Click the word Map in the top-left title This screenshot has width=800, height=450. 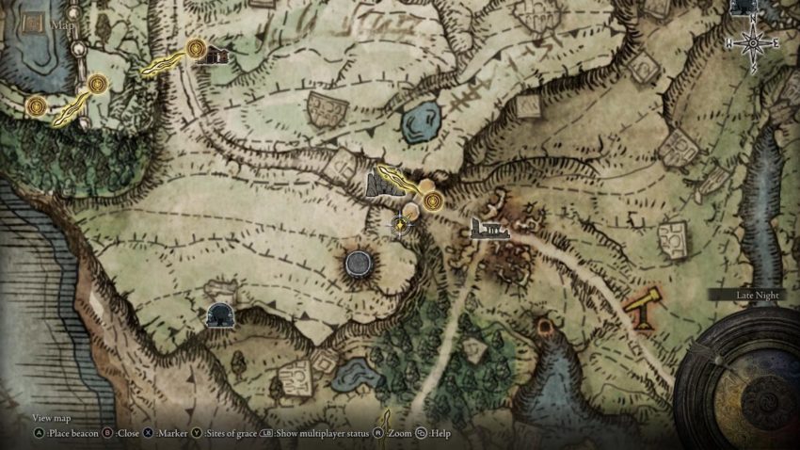[65, 25]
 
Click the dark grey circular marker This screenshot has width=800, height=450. [360, 264]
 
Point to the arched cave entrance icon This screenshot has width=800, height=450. [220, 314]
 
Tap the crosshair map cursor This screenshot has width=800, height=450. [402, 224]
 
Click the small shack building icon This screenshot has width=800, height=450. [216, 56]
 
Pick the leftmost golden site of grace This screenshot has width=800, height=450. [36, 104]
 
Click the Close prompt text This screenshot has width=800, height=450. [128, 434]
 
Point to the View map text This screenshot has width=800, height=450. [52, 418]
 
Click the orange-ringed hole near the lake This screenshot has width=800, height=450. [544, 327]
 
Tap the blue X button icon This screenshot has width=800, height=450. [150, 434]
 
